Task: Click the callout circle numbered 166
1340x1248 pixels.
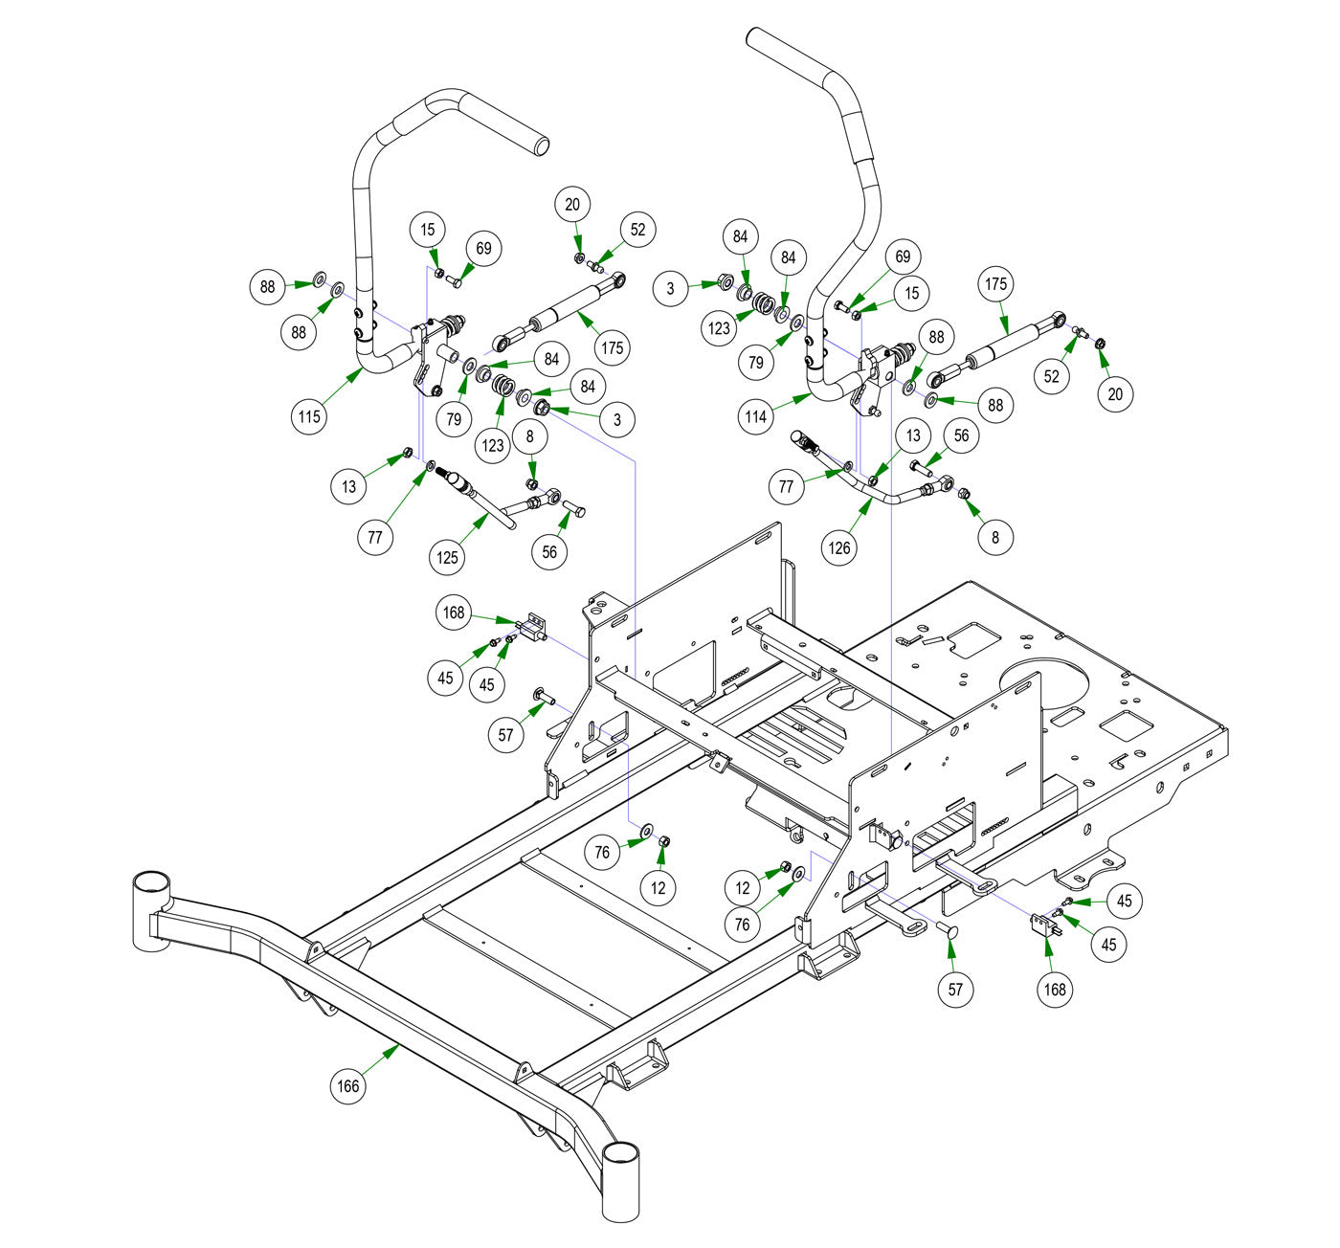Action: click(x=347, y=1085)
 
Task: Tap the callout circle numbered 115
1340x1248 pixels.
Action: click(x=309, y=416)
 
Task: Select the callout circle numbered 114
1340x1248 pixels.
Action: click(x=756, y=416)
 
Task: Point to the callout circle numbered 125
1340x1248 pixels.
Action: click(x=448, y=557)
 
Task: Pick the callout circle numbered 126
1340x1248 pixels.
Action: click(x=839, y=548)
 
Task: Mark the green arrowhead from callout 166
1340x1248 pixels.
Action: click(x=396, y=1049)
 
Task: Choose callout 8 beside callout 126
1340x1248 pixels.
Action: click(x=994, y=537)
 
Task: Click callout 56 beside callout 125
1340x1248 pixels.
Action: click(x=548, y=551)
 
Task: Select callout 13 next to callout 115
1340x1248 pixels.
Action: click(x=348, y=486)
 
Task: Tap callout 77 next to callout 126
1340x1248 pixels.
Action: click(x=786, y=486)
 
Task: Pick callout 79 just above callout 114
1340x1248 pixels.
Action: click(x=756, y=363)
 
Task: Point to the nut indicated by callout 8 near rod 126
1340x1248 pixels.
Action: click(x=965, y=494)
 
